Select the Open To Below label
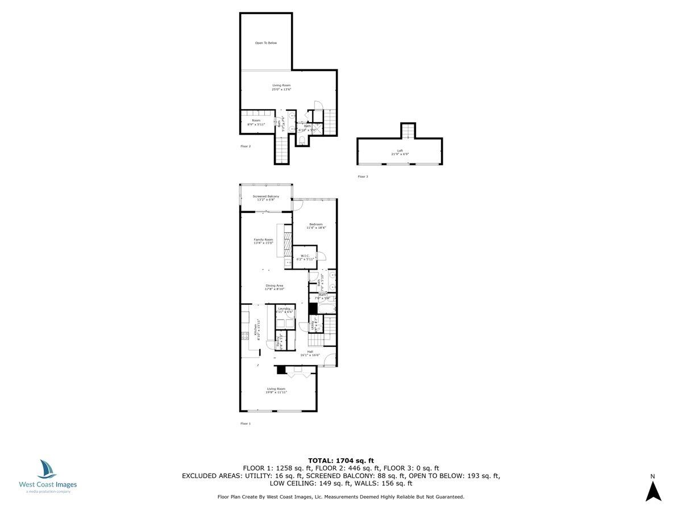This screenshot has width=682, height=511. point(265,43)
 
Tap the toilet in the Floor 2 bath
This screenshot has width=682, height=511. point(302,140)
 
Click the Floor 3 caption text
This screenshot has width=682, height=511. point(363,177)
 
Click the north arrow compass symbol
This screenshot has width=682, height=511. point(653,491)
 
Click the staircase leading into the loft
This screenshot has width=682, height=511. point(408,131)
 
